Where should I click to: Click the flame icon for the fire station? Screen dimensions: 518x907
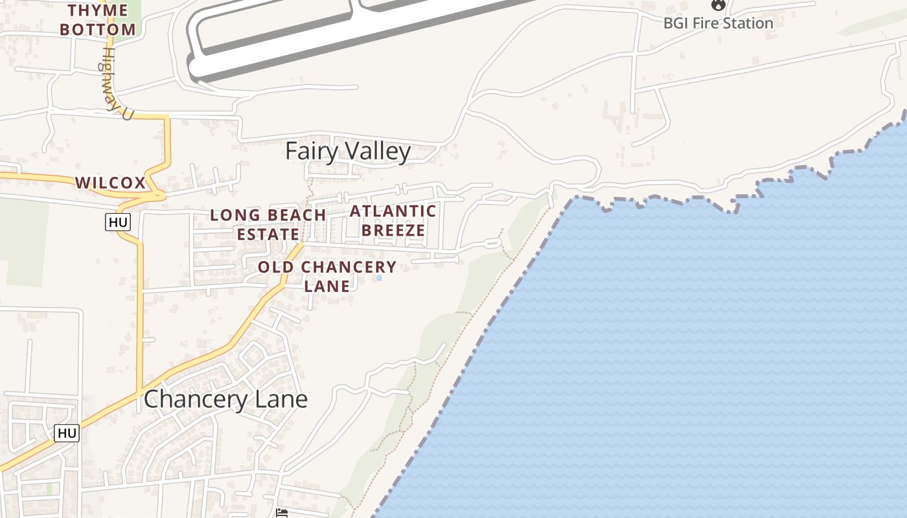(718, 5)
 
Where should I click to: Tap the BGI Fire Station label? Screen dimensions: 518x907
(718, 23)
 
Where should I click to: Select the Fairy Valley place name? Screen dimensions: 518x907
(348, 152)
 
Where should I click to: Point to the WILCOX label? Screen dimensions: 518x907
(111, 183)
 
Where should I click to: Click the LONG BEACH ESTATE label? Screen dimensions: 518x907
(268, 224)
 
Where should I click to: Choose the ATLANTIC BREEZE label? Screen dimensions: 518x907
(393, 221)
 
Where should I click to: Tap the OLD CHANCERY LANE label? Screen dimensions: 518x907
(327, 276)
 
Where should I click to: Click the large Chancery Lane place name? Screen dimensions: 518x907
(225, 399)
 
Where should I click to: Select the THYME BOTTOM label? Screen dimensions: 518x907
(102, 19)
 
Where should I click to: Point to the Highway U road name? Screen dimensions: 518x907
(115, 83)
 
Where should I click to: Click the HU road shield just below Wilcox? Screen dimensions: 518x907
(118, 223)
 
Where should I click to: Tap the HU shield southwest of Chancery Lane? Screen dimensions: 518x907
(67, 433)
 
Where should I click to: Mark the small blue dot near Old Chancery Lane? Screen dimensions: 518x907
(379, 278)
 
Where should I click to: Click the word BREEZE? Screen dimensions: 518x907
(393, 231)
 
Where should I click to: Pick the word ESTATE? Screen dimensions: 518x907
(268, 234)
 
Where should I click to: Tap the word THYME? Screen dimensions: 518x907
(98, 10)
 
